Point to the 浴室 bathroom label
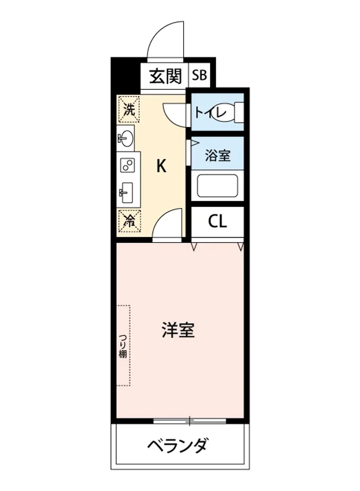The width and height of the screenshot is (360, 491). click(217, 155)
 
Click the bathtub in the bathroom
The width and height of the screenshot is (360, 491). click(217, 186)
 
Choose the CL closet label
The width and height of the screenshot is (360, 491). click(217, 222)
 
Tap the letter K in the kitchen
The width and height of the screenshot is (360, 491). click(162, 166)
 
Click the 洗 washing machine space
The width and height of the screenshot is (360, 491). click(128, 109)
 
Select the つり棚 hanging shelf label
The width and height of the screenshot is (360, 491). click(123, 346)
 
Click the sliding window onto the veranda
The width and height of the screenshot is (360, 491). click(190, 420)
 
